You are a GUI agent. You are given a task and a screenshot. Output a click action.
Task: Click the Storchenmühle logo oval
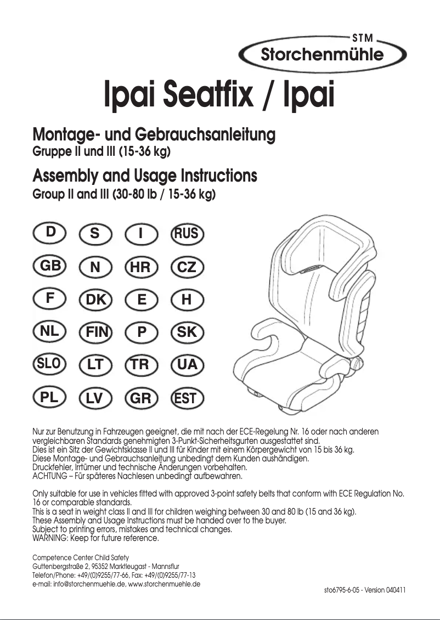322,54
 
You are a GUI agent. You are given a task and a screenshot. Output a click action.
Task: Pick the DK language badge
95,300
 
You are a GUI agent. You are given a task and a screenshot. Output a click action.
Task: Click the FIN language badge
95,332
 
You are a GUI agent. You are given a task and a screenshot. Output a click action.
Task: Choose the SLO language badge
50,363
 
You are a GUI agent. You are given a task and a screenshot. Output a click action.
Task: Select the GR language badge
142,398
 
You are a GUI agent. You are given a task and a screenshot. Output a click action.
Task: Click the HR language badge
142,267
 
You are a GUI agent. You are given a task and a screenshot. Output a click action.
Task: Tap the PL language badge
50,398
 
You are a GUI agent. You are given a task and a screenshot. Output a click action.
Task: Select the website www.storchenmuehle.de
164,584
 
